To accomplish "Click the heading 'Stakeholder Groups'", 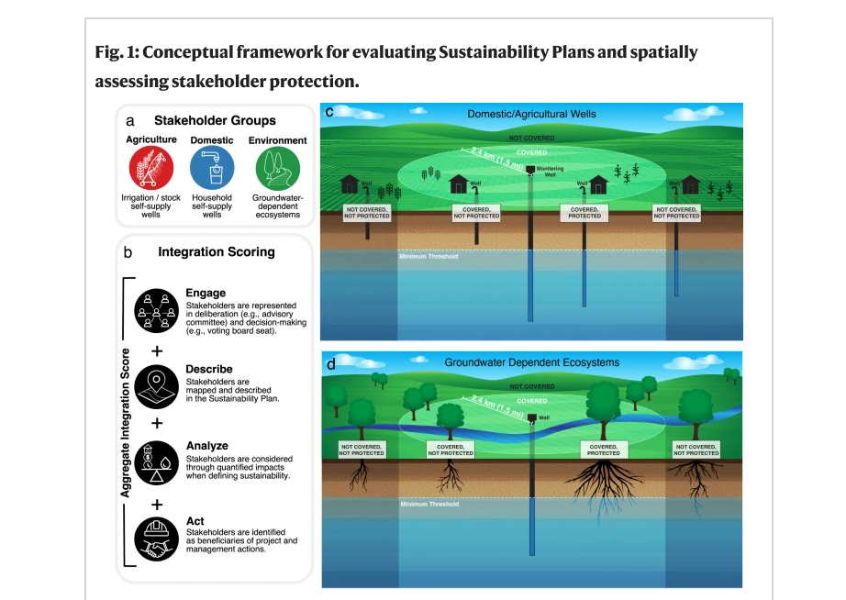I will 215,120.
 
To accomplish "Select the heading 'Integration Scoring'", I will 217,251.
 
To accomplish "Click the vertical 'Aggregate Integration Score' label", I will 125,423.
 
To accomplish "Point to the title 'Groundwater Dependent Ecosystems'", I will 531,362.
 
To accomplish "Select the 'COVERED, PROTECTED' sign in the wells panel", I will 584,213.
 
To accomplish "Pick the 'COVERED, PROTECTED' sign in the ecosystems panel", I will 603,450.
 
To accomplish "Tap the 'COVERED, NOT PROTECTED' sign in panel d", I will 451,450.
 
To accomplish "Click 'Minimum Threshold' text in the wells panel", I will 428,256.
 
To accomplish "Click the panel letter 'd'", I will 330,363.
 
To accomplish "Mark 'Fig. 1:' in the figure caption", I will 117,51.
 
